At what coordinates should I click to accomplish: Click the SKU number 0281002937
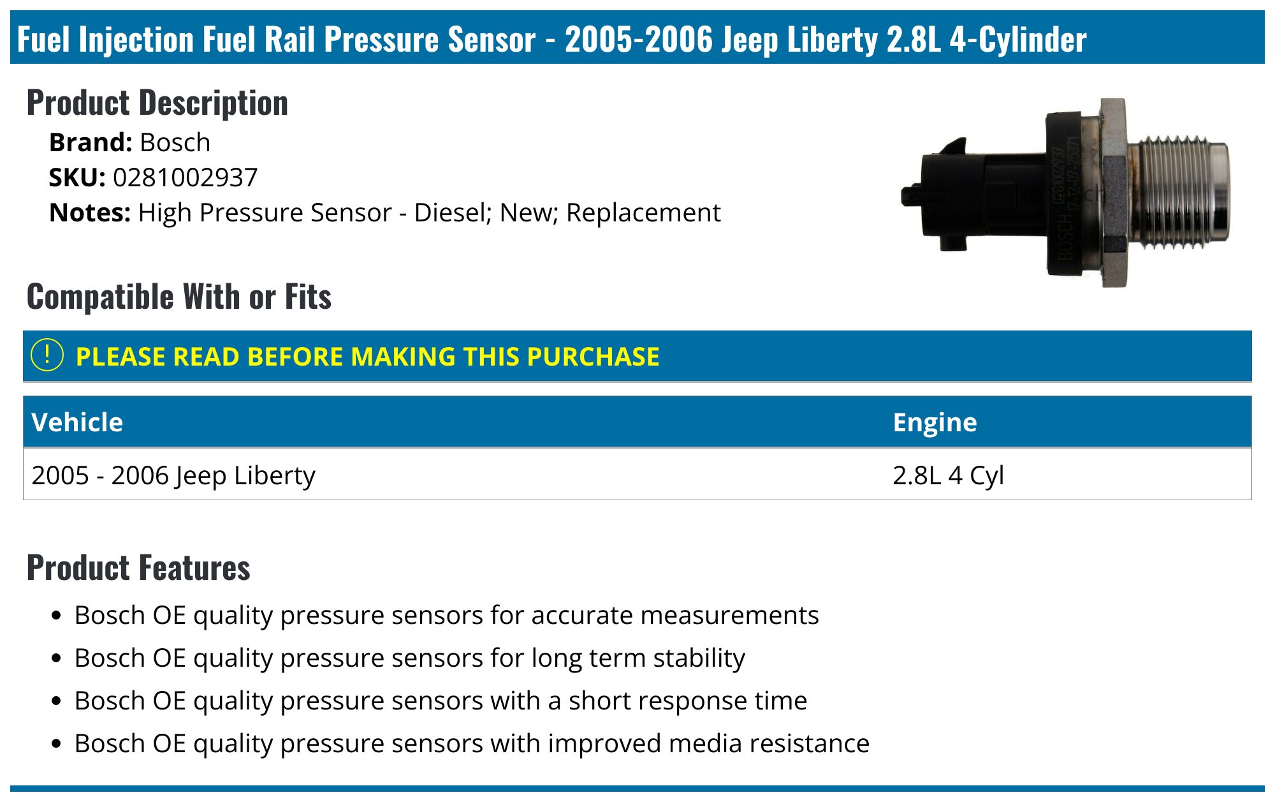[x=185, y=178]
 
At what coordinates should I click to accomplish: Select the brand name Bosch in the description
[x=175, y=143]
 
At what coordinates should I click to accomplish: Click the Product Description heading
[x=157, y=103]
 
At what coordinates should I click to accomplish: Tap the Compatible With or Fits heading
[x=179, y=297]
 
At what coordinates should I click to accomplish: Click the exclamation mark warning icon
[x=47, y=355]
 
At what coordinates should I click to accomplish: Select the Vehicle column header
[x=77, y=422]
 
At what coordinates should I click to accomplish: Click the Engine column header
[x=935, y=422]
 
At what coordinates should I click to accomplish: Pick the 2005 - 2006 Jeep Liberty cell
[x=173, y=475]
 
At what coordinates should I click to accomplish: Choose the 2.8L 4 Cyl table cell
[x=948, y=475]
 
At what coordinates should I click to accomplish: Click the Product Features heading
[x=138, y=568]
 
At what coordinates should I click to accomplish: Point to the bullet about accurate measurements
[x=446, y=616]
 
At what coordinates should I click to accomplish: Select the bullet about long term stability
[x=409, y=658]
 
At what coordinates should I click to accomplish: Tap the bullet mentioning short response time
[x=441, y=701]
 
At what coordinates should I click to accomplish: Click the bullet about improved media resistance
[x=472, y=744]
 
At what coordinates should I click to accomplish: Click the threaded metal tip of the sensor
[x=1179, y=191]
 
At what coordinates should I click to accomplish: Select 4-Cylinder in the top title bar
[x=1018, y=40]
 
